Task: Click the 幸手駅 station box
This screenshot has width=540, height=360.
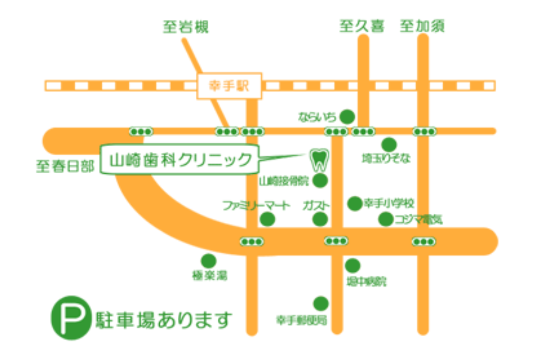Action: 229,85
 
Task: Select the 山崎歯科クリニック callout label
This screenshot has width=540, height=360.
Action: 180,159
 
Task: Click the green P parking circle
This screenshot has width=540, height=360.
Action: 70,317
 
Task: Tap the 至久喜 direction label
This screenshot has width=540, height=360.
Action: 362,27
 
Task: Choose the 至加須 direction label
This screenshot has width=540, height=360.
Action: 422,27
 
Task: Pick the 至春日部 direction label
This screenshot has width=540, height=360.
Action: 65,167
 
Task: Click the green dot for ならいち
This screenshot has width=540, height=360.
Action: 346,117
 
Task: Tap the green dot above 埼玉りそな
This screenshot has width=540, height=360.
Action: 389,145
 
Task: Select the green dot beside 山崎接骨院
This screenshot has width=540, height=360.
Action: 320,181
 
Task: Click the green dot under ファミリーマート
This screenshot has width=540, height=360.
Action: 268,220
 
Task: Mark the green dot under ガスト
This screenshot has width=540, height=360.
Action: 320,220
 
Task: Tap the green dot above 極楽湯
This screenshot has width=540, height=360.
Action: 208,261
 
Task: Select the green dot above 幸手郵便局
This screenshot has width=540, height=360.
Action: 321,304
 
